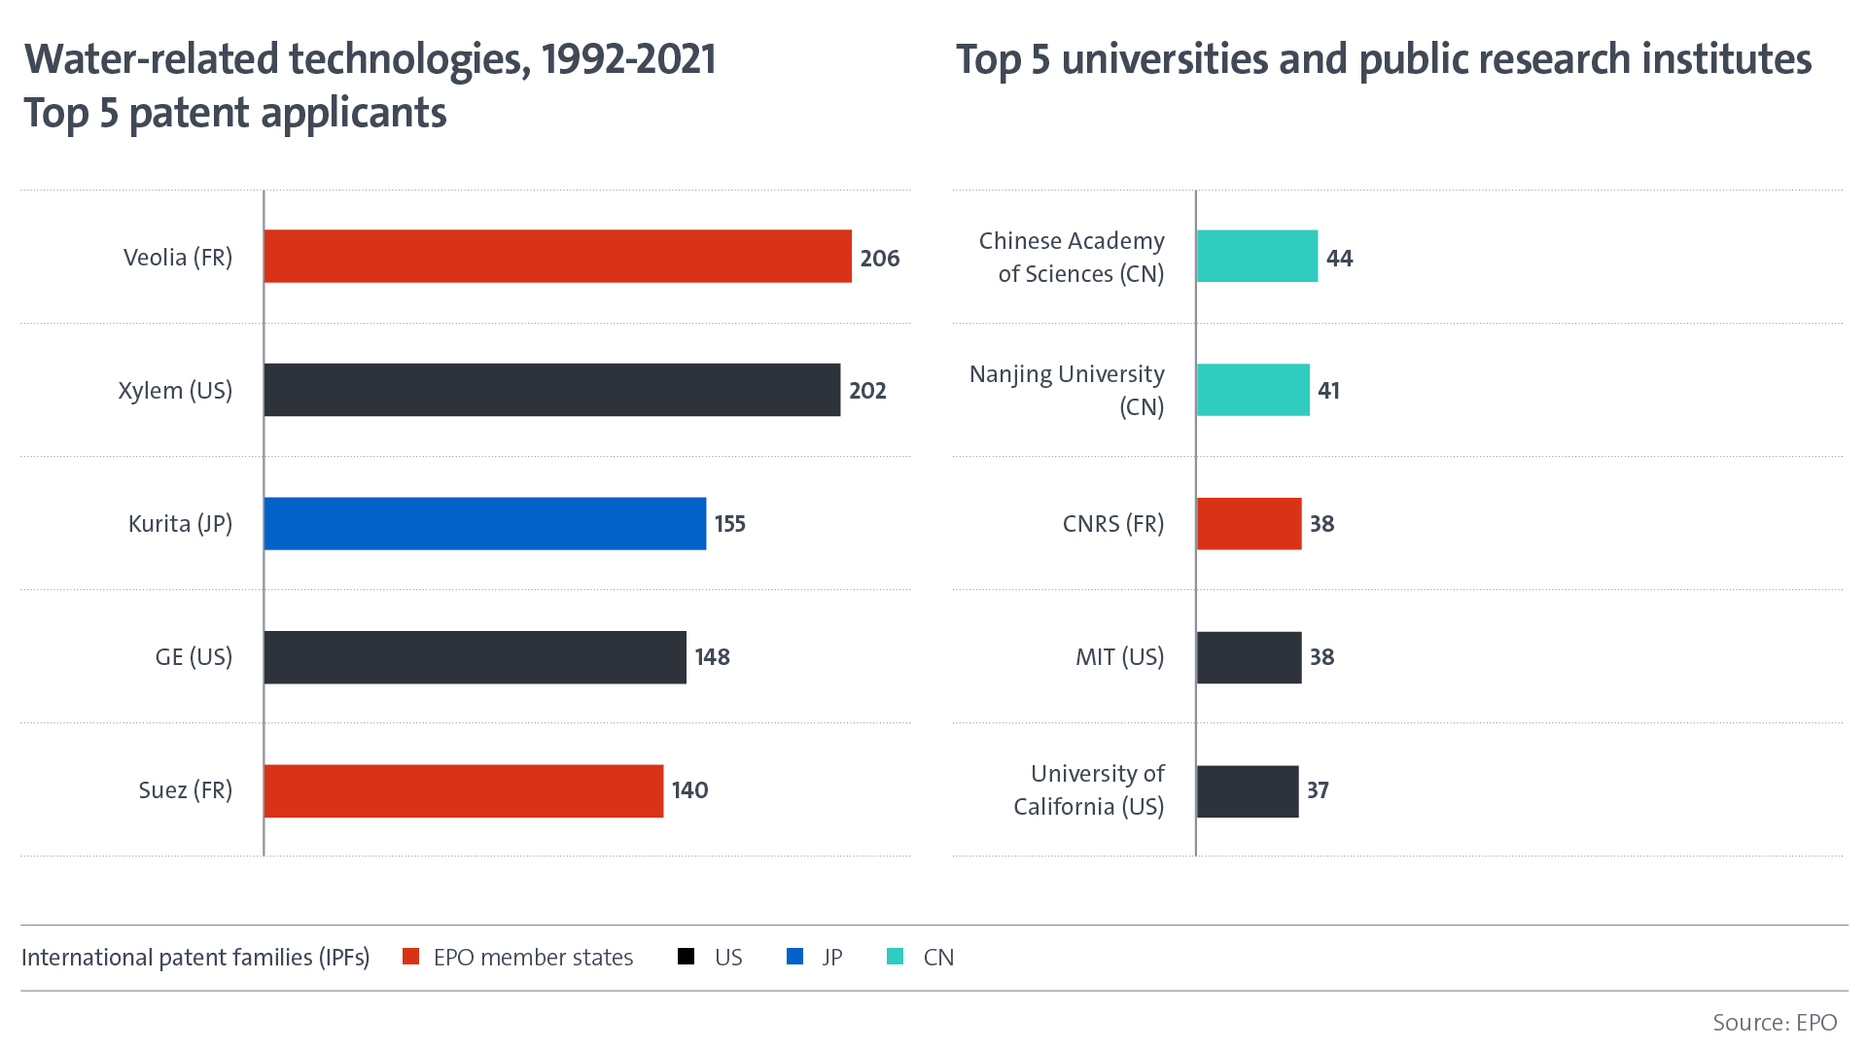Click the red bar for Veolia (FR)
(557, 257)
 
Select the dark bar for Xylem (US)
(551, 390)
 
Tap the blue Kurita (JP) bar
(484, 523)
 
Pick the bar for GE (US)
(475, 657)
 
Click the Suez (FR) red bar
(463, 790)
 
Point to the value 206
(879, 259)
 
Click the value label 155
(729, 524)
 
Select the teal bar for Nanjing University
(1252, 390)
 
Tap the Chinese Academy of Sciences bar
(1256, 257)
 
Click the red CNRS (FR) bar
(1249, 523)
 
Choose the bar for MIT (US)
(1249, 657)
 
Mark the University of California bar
(1247, 790)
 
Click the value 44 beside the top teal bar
(1339, 259)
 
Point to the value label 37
(1318, 790)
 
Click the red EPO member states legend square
(410, 957)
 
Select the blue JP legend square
(794, 957)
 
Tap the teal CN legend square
(895, 957)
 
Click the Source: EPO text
(1774, 1023)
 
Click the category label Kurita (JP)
(180, 524)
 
